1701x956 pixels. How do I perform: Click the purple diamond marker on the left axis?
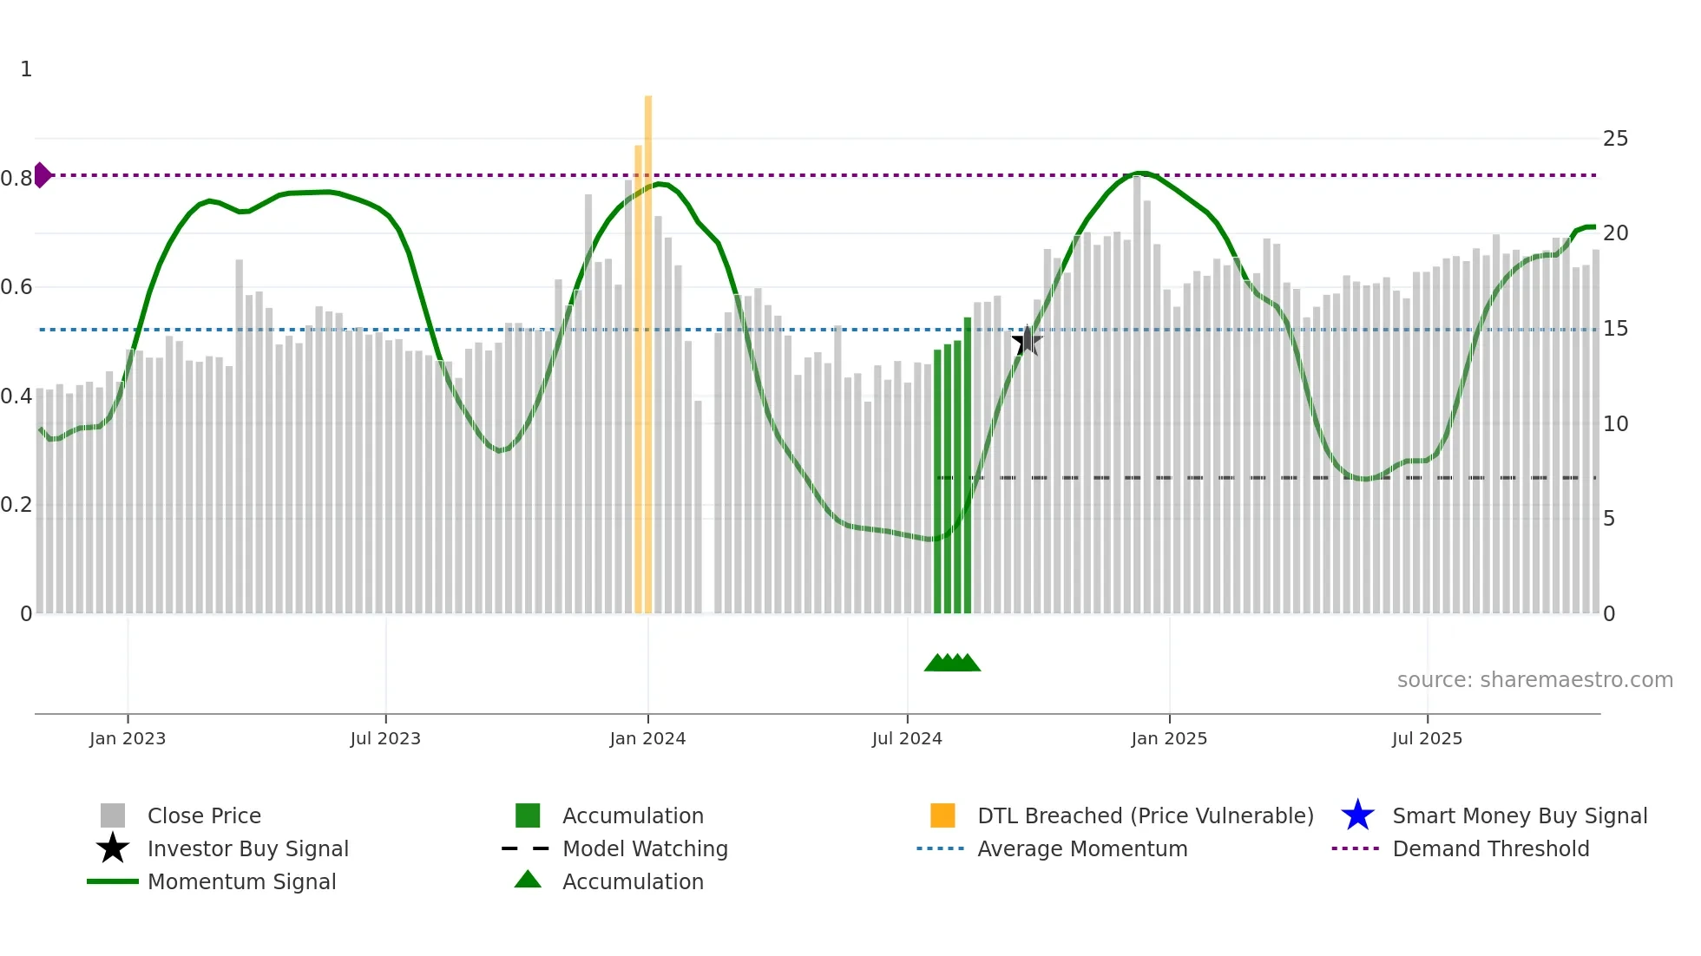pos(42,175)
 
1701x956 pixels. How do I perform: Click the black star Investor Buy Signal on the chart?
pos(1027,341)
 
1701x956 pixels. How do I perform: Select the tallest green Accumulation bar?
pos(968,464)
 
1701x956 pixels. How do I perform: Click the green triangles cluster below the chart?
pos(952,663)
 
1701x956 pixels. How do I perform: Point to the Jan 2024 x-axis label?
pos(647,738)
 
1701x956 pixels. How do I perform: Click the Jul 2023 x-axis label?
pos(385,738)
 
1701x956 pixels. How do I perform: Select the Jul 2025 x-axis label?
pos(1427,738)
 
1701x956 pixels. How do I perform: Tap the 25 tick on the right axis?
pos(1615,139)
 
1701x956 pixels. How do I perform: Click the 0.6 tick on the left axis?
pos(16,287)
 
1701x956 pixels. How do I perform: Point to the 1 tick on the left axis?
pos(26,69)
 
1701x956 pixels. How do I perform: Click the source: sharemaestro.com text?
pos(1534,680)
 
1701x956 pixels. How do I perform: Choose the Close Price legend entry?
pos(204,815)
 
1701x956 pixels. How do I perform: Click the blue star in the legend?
pos(1357,815)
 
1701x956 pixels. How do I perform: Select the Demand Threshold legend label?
pos(1490,848)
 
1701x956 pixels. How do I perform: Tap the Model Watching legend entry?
pos(645,848)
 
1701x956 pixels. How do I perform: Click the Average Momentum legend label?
pos(1081,848)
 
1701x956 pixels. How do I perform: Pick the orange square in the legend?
pos(942,815)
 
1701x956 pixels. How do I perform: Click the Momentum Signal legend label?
pos(241,881)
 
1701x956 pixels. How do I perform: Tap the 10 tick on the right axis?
pos(1615,424)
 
